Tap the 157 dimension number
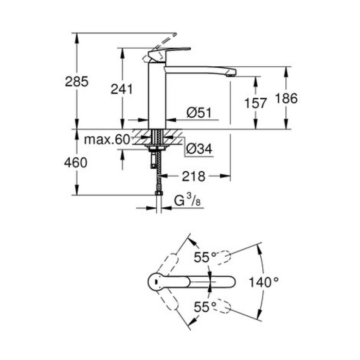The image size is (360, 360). click(x=256, y=103)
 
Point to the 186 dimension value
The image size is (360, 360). click(x=286, y=98)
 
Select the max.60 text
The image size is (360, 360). click(x=106, y=139)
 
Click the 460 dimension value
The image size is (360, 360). click(x=76, y=163)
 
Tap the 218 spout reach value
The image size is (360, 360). click(x=193, y=176)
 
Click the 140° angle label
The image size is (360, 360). click(x=266, y=281)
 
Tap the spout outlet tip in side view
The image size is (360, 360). click(x=232, y=74)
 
